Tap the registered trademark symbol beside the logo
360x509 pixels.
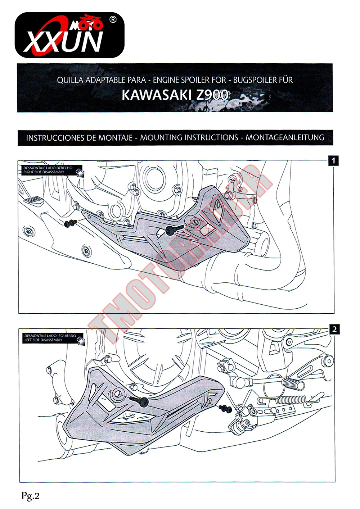coord(113,19)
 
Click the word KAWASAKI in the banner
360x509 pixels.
coord(157,95)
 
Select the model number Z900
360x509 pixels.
coord(212,95)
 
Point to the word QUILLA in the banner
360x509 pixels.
coord(70,80)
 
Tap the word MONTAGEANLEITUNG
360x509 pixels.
coord(285,137)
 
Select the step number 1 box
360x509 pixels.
coord(333,161)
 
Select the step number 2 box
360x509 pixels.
coord(334,330)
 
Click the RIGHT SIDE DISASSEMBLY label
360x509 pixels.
coord(44,172)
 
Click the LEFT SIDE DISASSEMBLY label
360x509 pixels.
coord(43,340)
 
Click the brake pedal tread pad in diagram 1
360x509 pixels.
coord(33,201)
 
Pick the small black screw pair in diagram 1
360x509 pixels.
coord(71,223)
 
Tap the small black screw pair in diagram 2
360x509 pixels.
coord(225,409)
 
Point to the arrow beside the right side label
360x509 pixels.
coord(80,173)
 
